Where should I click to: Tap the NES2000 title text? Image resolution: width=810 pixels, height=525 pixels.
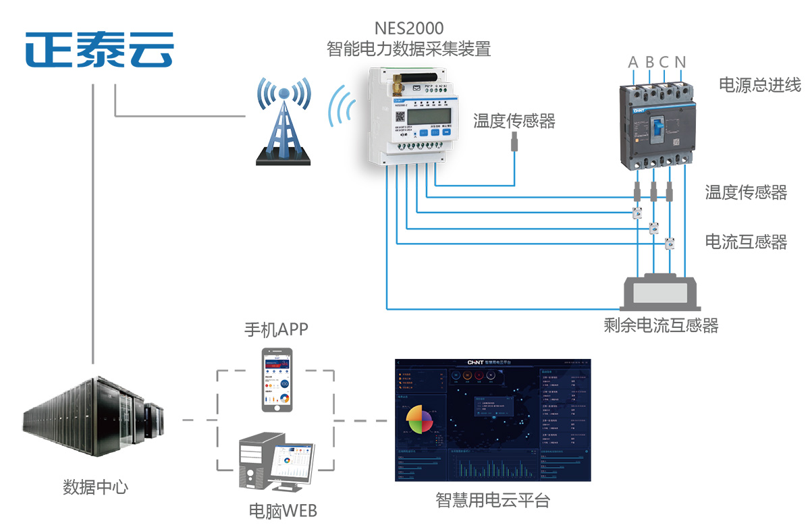point(409,28)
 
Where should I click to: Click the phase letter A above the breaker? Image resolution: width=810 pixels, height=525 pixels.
point(633,63)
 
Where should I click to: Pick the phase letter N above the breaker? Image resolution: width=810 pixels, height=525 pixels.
point(680,63)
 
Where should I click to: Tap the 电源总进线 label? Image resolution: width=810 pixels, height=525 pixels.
point(760,85)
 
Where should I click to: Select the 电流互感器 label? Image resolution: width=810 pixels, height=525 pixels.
point(746,242)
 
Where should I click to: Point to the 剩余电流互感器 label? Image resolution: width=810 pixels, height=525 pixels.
point(661,326)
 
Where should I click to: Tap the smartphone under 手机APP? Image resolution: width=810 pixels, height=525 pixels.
point(277,380)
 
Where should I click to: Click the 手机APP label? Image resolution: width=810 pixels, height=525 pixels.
point(277,331)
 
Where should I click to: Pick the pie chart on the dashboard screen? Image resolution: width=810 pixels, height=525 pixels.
point(418,420)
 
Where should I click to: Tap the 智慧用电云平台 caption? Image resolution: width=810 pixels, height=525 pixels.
point(493,501)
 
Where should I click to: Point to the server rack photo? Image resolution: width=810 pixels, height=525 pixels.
point(93,417)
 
